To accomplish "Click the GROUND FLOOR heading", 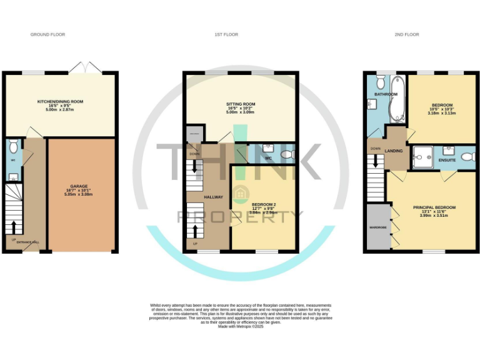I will tap(48, 34).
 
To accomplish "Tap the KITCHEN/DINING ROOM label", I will tap(61, 101).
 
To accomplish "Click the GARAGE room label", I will tap(78, 186).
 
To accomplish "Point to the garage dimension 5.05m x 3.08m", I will tap(78, 195).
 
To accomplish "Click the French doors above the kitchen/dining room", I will tap(80, 67).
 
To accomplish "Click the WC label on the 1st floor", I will tap(268, 158).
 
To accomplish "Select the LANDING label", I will tap(394, 151).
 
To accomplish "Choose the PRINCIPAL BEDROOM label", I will tap(434, 207).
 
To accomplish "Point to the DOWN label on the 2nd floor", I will tap(375, 149).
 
